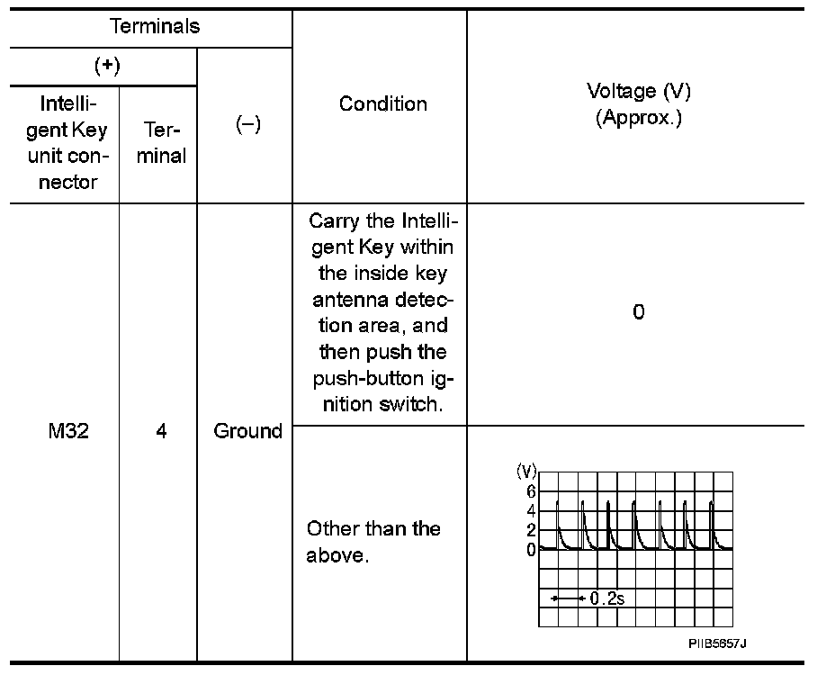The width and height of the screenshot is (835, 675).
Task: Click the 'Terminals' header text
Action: tap(155, 26)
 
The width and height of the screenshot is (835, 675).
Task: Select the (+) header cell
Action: tap(107, 67)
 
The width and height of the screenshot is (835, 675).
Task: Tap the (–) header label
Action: tap(247, 125)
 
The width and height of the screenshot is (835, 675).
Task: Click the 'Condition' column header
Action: tap(382, 103)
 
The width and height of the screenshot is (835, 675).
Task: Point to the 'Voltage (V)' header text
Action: tap(638, 91)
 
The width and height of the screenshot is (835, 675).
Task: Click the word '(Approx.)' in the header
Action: tap(638, 118)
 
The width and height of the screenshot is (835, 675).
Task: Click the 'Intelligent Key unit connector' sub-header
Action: tap(67, 143)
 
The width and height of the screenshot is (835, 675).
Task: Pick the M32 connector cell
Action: tap(67, 431)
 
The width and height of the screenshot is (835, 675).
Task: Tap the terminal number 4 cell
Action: tap(161, 431)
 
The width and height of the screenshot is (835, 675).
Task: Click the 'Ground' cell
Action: tap(247, 431)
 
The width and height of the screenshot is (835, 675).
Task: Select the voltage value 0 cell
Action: tap(638, 313)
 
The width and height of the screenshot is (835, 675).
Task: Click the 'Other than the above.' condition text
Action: tap(373, 542)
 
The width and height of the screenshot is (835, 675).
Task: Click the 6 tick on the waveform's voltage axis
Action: tap(531, 491)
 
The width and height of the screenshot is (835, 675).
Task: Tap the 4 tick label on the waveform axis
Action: tap(531, 511)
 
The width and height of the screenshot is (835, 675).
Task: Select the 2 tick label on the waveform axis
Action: tap(531, 530)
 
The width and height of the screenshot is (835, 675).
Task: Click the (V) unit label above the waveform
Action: tap(526, 471)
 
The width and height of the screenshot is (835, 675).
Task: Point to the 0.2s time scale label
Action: tap(606, 598)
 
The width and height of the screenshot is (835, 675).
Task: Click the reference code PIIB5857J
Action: tap(718, 643)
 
